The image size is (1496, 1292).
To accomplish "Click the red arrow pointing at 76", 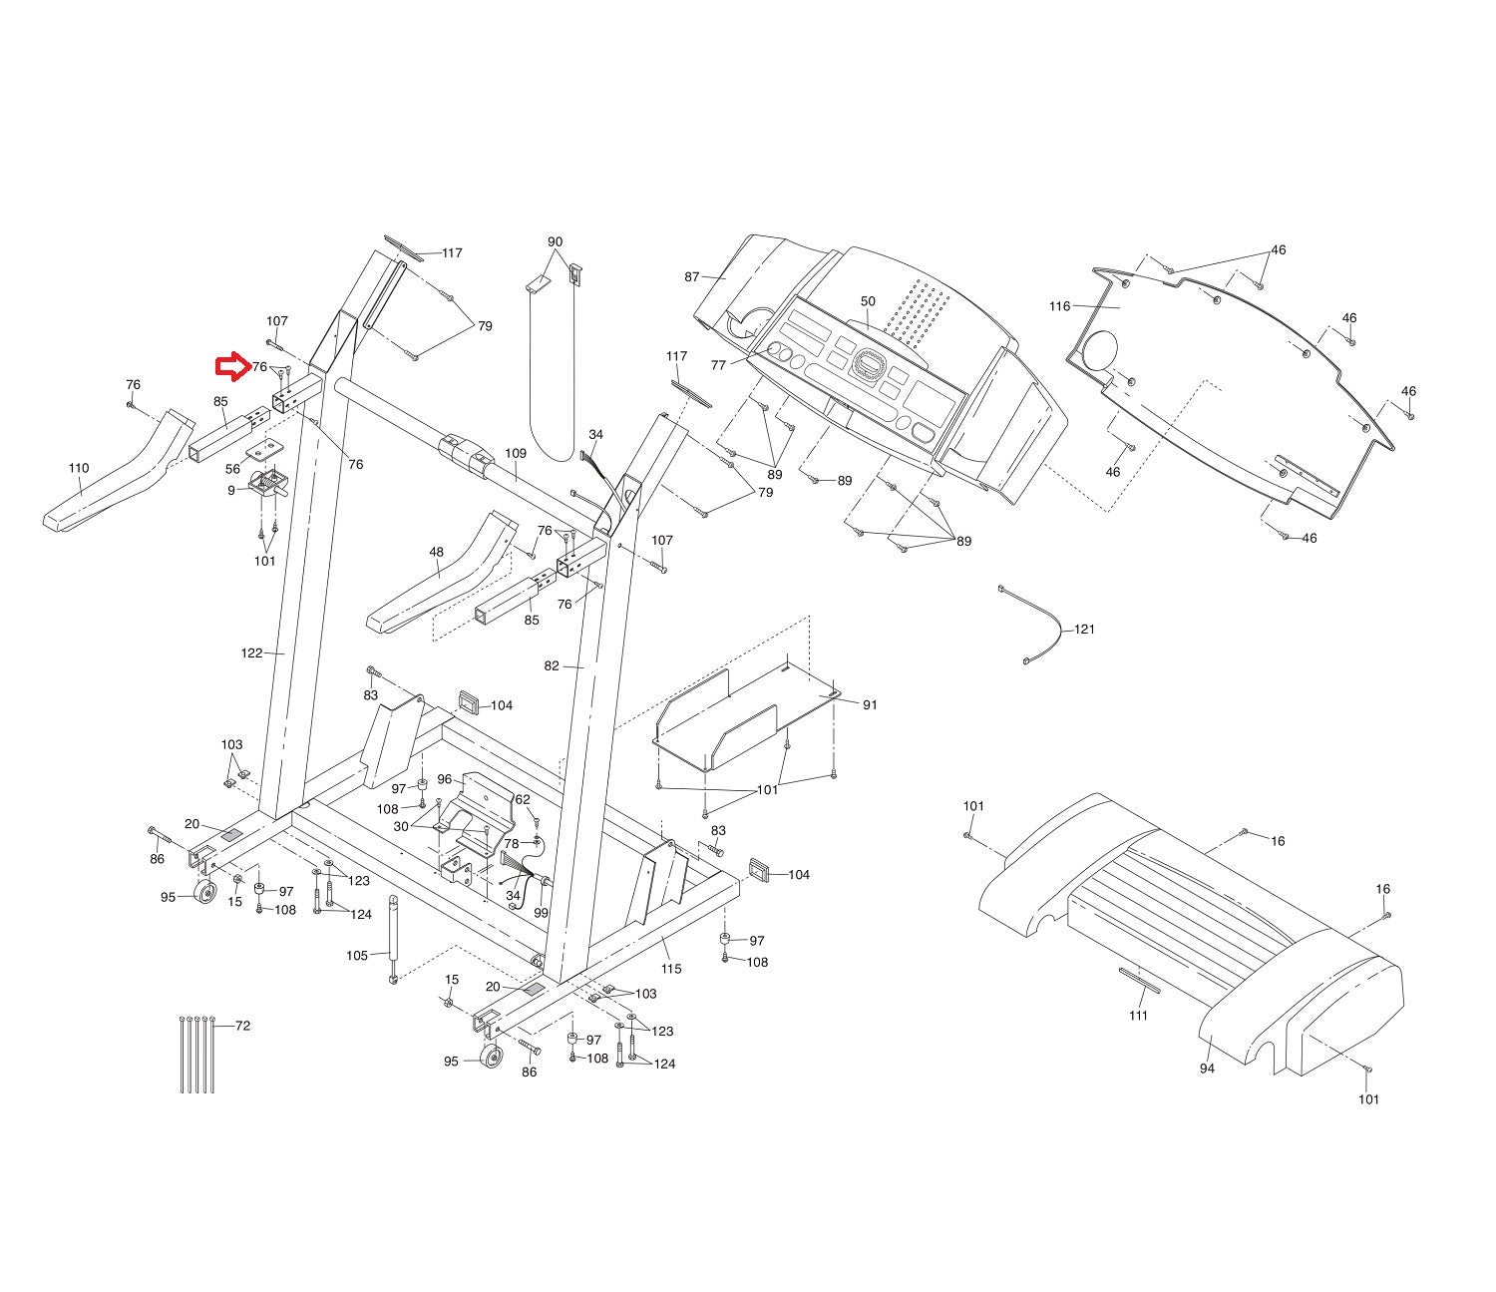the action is (x=231, y=367).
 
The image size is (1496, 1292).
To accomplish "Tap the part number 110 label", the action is (x=79, y=468).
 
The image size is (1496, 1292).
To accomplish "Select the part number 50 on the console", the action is (x=867, y=301).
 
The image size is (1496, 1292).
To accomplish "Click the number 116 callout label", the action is (x=1059, y=306).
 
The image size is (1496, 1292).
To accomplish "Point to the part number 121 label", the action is (x=1084, y=630).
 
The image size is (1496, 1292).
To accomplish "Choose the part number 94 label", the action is (x=1207, y=1069).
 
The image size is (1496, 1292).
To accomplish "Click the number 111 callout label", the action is (x=1138, y=1016).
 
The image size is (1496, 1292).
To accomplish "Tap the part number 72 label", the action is (x=242, y=1026).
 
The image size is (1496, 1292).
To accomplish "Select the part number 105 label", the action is (x=357, y=955).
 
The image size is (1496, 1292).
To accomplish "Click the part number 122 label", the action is (x=251, y=653).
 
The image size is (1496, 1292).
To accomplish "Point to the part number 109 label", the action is (x=515, y=453).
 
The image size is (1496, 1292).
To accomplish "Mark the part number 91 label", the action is (x=870, y=705).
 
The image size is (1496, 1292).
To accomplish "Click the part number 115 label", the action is (x=671, y=969).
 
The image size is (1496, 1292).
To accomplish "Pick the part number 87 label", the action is (x=692, y=276).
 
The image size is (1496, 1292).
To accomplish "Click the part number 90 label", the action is (x=556, y=242).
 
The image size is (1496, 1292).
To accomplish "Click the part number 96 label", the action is (x=445, y=779).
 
